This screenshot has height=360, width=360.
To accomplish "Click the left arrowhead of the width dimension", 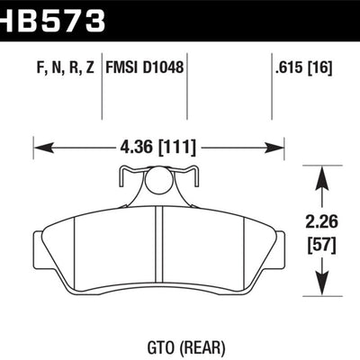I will tap(39, 147).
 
